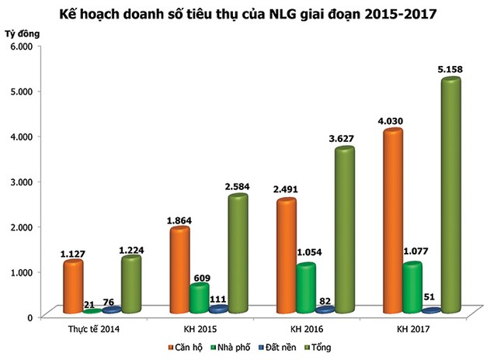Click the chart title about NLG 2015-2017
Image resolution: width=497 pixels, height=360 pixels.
(x=248, y=13)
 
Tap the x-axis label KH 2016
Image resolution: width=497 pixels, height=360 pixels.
(x=285, y=330)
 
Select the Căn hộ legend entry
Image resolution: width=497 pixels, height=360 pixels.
(x=187, y=348)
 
